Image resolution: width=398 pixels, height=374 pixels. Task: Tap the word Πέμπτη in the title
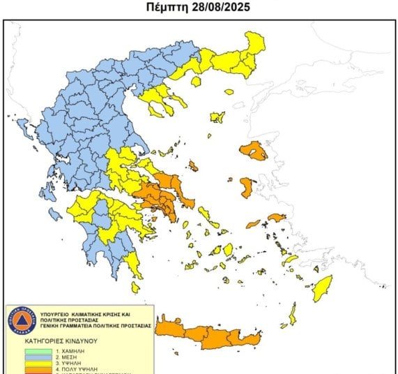click(x=169, y=8)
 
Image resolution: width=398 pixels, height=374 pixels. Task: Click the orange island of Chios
click(x=247, y=186)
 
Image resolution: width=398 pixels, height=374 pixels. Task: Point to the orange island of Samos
click(x=276, y=218)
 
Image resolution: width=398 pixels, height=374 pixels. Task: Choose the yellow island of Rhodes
click(x=321, y=288)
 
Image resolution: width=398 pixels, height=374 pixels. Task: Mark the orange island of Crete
click(x=209, y=335)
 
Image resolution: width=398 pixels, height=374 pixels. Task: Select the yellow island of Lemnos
click(x=217, y=117)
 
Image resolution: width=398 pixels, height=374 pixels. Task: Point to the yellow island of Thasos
click(x=196, y=82)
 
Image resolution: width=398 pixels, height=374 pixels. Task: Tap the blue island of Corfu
click(x=22, y=128)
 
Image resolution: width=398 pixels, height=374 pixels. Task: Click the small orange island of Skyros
click(x=193, y=166)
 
